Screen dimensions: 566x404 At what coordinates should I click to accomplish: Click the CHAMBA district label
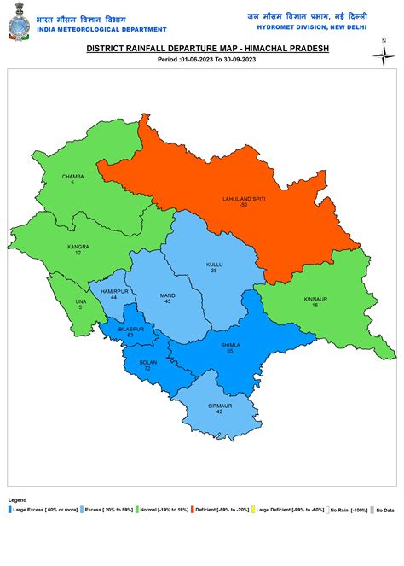72,177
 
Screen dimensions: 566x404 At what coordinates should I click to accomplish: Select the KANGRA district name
78,247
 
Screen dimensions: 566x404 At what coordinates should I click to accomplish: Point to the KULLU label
215,265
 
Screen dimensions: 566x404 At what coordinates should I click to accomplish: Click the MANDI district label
168,295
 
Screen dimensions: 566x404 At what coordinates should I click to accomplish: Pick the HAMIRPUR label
114,291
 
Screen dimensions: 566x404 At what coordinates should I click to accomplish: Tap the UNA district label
81,301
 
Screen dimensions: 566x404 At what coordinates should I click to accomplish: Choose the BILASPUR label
130,329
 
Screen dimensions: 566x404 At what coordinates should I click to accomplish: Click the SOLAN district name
147,362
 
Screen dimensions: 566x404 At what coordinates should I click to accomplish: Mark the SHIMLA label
230,344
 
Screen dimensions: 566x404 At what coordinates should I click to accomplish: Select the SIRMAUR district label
219,406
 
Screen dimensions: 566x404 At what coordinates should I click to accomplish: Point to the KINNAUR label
315,299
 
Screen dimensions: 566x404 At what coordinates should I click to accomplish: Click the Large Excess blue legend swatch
9,510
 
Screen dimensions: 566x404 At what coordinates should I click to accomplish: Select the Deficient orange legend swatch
193,510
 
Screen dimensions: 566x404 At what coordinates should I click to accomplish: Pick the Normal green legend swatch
136,510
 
